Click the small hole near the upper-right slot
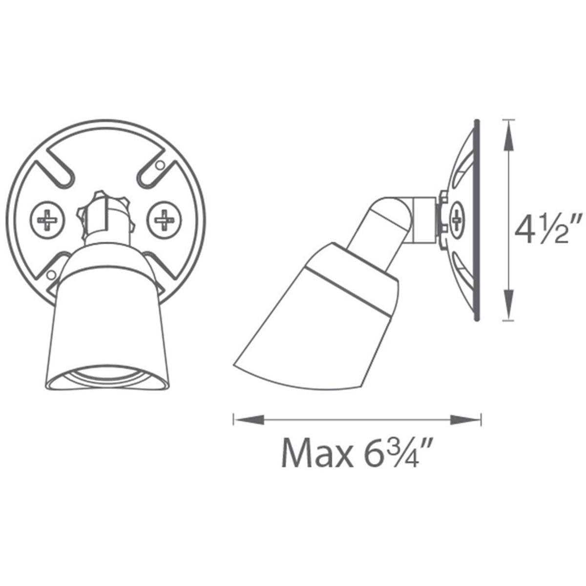(x=159, y=166)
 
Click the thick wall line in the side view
(x=477, y=220)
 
